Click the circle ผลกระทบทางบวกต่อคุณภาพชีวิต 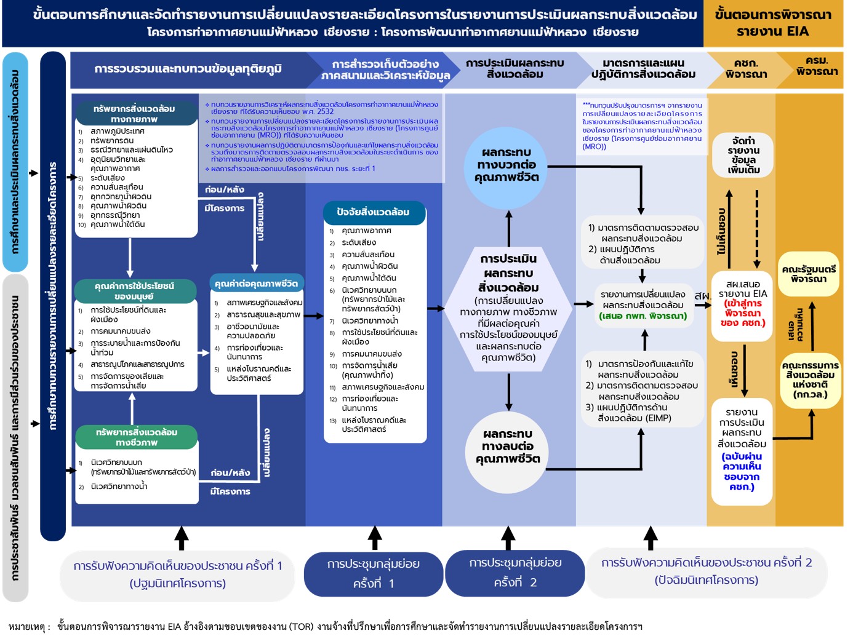[x=507, y=165]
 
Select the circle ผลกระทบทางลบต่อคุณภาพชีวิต [x=508, y=447]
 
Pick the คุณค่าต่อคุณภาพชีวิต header [x=256, y=284]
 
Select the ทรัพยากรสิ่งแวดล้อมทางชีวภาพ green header [x=136, y=437]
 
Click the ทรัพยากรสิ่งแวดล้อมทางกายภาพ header [x=134, y=114]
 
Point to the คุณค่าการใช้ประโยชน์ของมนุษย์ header [x=134, y=291]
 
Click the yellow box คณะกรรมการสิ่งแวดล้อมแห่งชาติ [x=810, y=380]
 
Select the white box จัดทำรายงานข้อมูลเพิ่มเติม [x=743, y=156]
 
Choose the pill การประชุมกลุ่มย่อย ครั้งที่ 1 [x=374, y=573]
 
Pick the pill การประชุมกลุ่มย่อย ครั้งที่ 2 [x=515, y=573]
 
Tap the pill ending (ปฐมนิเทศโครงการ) [x=177, y=574]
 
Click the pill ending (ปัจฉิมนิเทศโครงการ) [x=706, y=571]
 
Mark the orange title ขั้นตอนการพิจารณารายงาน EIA [x=773, y=23]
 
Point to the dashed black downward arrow [x=757, y=228]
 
